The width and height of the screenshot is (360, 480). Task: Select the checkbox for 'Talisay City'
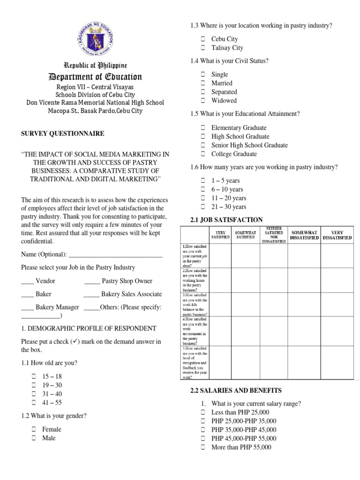point(203,48)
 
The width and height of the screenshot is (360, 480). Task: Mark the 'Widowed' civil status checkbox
point(203,101)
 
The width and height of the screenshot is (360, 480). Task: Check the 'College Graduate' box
point(203,154)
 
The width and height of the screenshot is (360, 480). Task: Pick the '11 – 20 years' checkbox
point(203,198)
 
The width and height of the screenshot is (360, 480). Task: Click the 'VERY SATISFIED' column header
point(223,235)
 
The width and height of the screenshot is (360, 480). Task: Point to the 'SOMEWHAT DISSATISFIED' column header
point(304,235)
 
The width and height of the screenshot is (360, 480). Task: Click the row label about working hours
point(195,280)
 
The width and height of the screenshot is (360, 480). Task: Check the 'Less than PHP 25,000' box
point(203,412)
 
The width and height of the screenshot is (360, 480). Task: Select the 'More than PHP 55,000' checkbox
point(203,448)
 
